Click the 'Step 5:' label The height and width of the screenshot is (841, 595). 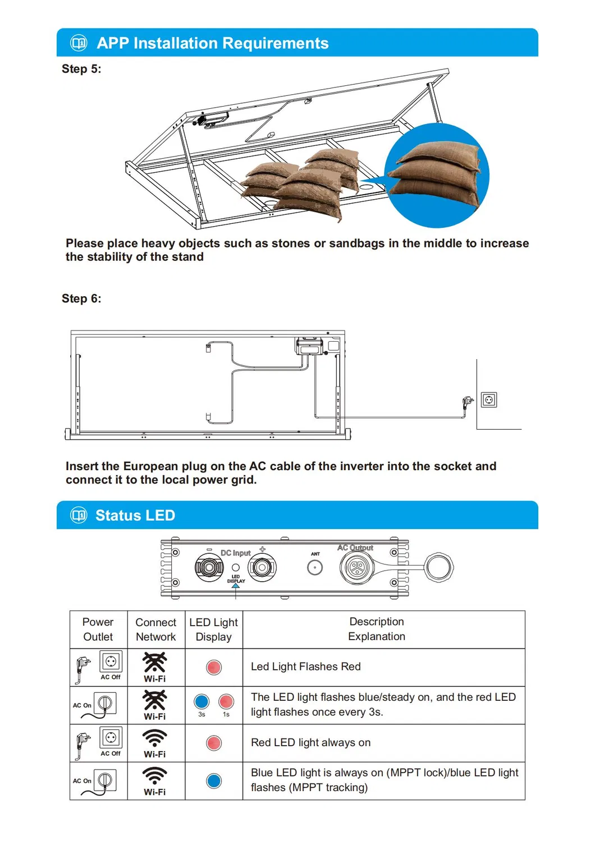point(81,69)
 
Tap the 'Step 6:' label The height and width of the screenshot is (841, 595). point(81,298)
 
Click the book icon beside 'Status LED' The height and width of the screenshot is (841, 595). point(79,515)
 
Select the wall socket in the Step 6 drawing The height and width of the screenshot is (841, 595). point(489,399)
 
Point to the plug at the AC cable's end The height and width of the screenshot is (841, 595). point(467,402)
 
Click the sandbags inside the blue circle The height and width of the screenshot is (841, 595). point(437,175)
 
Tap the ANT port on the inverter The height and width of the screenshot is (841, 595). point(315,567)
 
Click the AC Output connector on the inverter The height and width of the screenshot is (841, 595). point(356,568)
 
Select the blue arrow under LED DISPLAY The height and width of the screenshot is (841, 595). point(236,586)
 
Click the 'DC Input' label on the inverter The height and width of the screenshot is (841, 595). point(235,553)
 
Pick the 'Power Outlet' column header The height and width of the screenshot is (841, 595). point(98,629)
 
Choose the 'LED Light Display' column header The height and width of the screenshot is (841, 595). point(213,629)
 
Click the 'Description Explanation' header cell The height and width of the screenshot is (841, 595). point(377,629)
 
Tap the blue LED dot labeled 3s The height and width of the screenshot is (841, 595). point(202,701)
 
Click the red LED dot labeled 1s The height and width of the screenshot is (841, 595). point(226,701)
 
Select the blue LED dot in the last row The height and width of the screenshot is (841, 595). point(214,780)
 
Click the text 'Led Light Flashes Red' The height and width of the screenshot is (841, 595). point(305,667)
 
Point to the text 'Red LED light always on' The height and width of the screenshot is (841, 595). point(310,742)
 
